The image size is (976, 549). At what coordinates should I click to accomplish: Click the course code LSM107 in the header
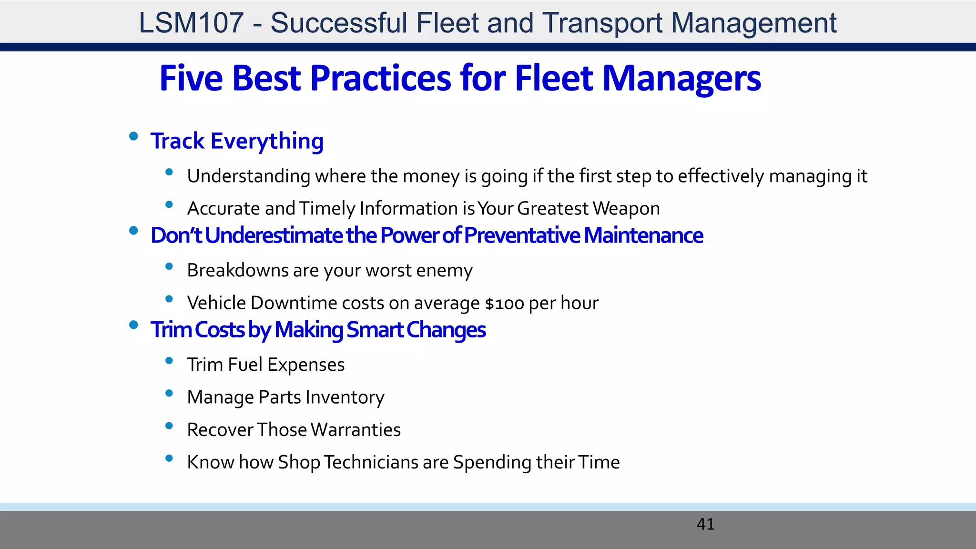[191, 23]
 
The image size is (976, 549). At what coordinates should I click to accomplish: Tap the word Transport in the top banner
[602, 23]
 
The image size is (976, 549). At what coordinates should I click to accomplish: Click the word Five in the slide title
[191, 78]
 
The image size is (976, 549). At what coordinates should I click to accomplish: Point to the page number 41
[705, 524]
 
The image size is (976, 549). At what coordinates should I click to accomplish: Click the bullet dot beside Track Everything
[133, 137]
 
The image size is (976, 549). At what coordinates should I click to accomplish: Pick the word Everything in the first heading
[267, 142]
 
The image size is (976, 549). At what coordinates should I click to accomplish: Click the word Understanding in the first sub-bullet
[249, 176]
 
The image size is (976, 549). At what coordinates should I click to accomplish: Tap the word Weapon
[627, 209]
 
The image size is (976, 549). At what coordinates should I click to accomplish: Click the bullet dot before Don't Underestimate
[133, 231]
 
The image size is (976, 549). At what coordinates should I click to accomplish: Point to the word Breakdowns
[238, 270]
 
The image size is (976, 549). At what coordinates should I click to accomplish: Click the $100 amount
[505, 304]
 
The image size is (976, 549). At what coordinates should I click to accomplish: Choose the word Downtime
[294, 303]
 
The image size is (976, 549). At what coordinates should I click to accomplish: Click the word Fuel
[245, 365]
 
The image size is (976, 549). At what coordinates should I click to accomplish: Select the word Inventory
[345, 397]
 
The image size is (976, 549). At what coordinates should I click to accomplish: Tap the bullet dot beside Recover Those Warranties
[169, 426]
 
